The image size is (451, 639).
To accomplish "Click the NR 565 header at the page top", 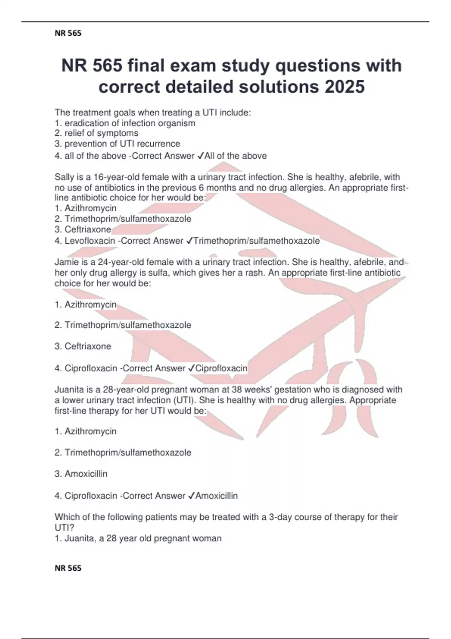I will tap(68, 33).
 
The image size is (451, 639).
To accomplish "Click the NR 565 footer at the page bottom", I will tap(68, 568).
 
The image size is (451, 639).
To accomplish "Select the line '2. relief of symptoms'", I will tap(97, 133).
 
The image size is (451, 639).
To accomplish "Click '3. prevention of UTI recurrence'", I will tap(117, 144).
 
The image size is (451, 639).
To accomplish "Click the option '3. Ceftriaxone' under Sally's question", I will tap(83, 229).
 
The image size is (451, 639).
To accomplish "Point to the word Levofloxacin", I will tap(90, 241).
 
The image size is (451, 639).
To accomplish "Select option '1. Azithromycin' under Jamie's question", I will tap(86, 304).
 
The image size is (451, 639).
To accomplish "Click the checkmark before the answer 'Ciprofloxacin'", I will tap(191, 368).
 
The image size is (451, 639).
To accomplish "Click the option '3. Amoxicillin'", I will tap(81, 474).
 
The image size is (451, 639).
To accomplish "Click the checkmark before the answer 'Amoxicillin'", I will tap(191, 496).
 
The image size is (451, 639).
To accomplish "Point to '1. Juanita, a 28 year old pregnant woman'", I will tap(138, 538).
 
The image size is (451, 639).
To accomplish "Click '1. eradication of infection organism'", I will tap(125, 123).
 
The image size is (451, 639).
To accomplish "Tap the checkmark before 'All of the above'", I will tap(200, 156).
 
